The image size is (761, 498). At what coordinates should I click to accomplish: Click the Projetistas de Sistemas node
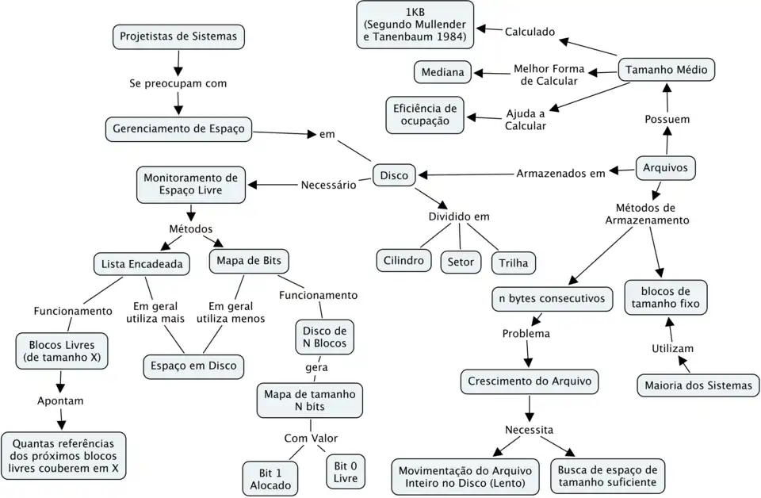[178, 36]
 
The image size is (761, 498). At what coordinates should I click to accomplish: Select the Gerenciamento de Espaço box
[178, 128]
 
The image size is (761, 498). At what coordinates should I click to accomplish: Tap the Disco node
[394, 175]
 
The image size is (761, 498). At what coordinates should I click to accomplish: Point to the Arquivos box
[665, 168]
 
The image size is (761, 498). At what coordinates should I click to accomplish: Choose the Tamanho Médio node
[666, 70]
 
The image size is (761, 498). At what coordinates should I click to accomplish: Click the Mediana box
[442, 72]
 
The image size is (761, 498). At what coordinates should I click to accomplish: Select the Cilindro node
[403, 260]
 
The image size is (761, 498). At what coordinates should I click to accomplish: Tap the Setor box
[461, 261]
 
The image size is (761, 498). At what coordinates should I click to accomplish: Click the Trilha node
[514, 262]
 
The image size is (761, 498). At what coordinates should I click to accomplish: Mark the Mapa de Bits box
[249, 260]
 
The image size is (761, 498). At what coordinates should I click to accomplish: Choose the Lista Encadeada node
[142, 264]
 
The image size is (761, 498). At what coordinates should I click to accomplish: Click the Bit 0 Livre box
[346, 472]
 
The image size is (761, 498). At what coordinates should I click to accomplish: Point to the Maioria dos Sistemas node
[698, 385]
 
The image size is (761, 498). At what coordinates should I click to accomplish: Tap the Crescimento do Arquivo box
[530, 381]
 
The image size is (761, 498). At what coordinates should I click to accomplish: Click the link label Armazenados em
[560, 173]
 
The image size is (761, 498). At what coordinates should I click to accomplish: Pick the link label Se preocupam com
[178, 82]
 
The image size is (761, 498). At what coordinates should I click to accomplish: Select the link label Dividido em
[459, 216]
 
